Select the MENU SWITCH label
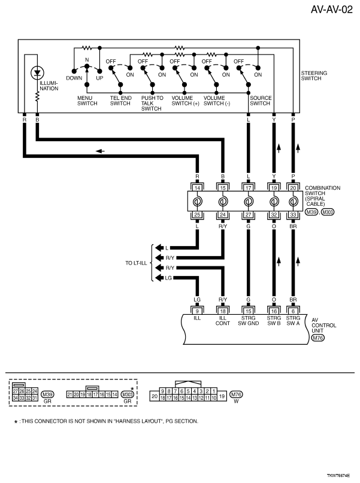[87, 100]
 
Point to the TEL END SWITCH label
[120, 100]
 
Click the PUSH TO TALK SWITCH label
[152, 102]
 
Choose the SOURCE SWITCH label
[260, 100]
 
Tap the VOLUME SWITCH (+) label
[186, 100]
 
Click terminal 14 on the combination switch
[198, 187]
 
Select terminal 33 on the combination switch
[293, 214]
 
